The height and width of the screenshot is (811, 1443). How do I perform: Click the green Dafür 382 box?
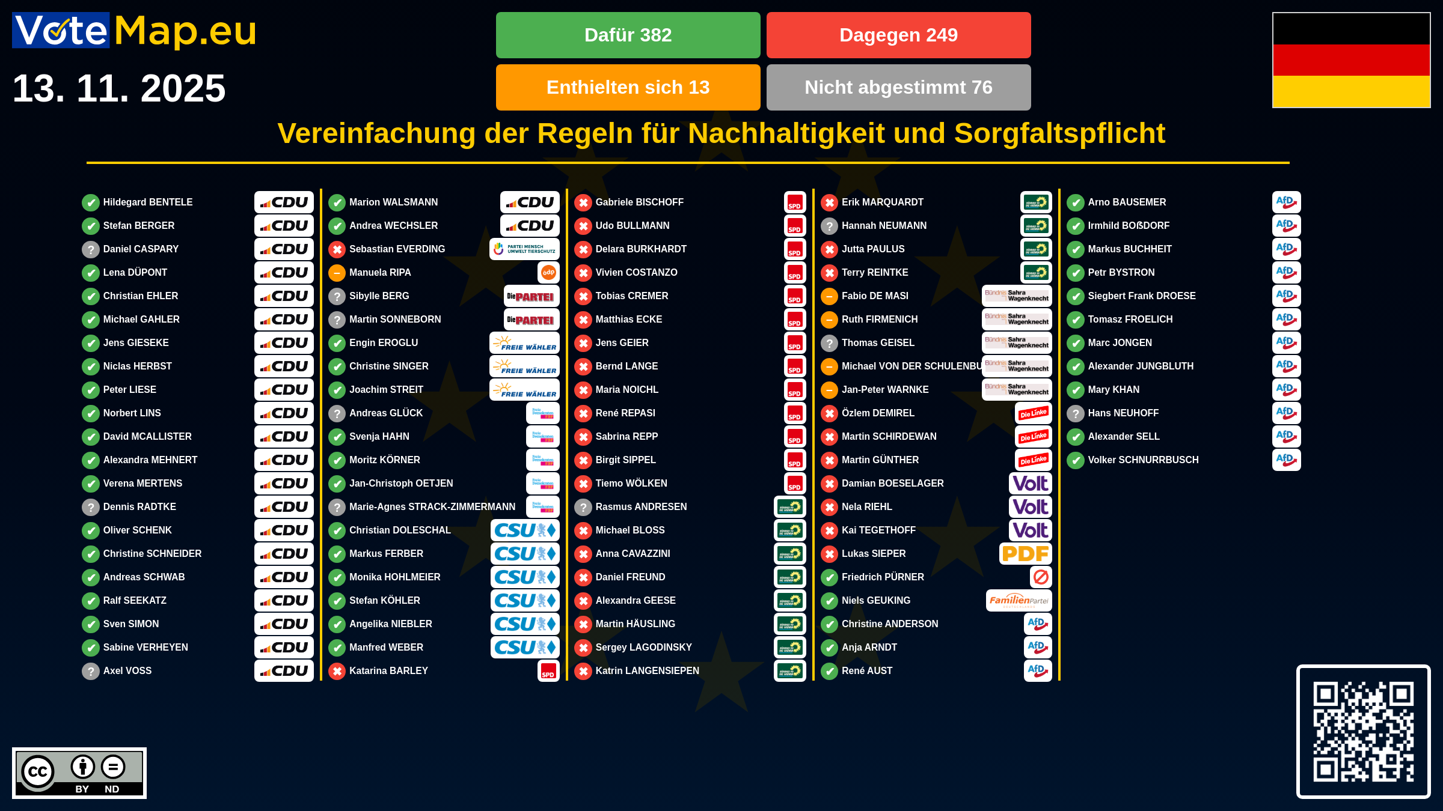pyautogui.click(x=628, y=35)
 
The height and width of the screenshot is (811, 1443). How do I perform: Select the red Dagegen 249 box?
pyautogui.click(x=898, y=35)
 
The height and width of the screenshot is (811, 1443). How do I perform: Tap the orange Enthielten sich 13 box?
pyautogui.click(x=628, y=88)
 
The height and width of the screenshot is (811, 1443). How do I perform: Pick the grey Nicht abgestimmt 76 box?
pyautogui.click(x=898, y=88)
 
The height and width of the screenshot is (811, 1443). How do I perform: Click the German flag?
pyautogui.click(x=1351, y=60)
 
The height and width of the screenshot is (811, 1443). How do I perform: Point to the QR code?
pyautogui.click(x=1363, y=731)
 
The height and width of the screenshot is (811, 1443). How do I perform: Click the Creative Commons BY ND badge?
pyautogui.click(x=79, y=773)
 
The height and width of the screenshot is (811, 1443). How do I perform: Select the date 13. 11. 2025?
pyautogui.click(x=119, y=88)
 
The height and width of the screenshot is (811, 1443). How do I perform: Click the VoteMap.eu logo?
pyautogui.click(x=135, y=31)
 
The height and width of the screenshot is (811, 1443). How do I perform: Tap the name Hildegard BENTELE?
pyautogui.click(x=148, y=202)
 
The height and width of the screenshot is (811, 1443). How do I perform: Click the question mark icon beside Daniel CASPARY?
pyautogui.click(x=90, y=249)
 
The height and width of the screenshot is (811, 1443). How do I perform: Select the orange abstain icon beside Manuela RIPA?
pyautogui.click(x=337, y=273)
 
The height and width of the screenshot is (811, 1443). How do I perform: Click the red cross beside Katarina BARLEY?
pyautogui.click(x=337, y=671)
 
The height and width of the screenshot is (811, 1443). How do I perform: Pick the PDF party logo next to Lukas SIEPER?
pyautogui.click(x=1025, y=554)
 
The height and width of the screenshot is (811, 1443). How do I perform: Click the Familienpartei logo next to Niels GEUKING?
pyautogui.click(x=1019, y=601)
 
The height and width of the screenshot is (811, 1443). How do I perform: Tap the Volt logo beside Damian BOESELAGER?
pyautogui.click(x=1030, y=484)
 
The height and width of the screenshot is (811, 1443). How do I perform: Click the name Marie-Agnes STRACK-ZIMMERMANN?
pyautogui.click(x=432, y=507)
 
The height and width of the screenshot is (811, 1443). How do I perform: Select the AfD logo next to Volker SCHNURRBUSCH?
pyautogui.click(x=1286, y=460)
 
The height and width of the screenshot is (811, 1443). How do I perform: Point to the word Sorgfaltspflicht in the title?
pyautogui.click(x=1059, y=133)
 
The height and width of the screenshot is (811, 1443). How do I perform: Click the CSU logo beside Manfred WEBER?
pyautogui.click(x=525, y=648)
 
